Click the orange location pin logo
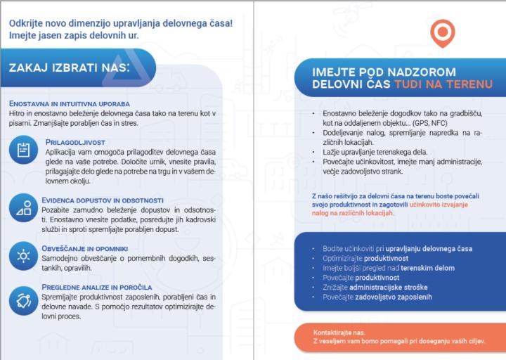pos(443,34)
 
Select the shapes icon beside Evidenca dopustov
pos(23,208)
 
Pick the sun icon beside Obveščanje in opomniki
pos(23,255)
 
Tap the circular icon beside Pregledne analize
pos(23,302)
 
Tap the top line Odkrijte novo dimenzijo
pos(120,22)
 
